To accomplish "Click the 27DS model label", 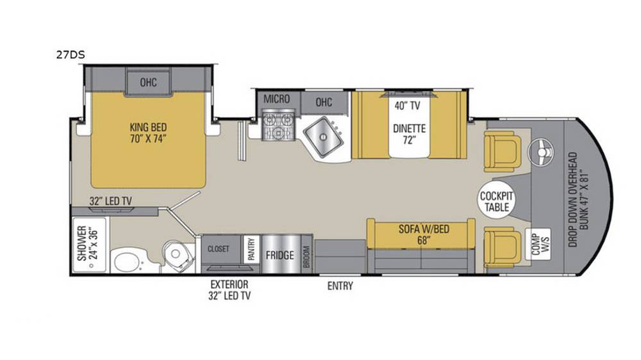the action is [x=71, y=54].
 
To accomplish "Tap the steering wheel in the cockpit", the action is [x=541, y=152].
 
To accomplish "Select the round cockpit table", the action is [x=496, y=201].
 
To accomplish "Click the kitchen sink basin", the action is [x=323, y=136].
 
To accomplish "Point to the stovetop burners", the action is [x=278, y=126].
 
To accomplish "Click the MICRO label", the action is [x=276, y=99].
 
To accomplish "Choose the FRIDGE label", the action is [x=280, y=256].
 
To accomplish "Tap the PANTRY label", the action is [x=251, y=249].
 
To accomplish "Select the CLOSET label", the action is [x=219, y=249].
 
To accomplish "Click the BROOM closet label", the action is [x=306, y=257].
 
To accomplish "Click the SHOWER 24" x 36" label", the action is [x=87, y=243].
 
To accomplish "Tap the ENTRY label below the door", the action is [x=340, y=286].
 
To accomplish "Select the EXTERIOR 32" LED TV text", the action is [x=229, y=290].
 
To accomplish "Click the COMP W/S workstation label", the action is [x=541, y=244].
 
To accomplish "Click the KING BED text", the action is [x=149, y=127].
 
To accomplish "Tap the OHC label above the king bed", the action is [x=149, y=83].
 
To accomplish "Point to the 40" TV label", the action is [x=407, y=106].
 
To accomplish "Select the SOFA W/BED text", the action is [x=424, y=229].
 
